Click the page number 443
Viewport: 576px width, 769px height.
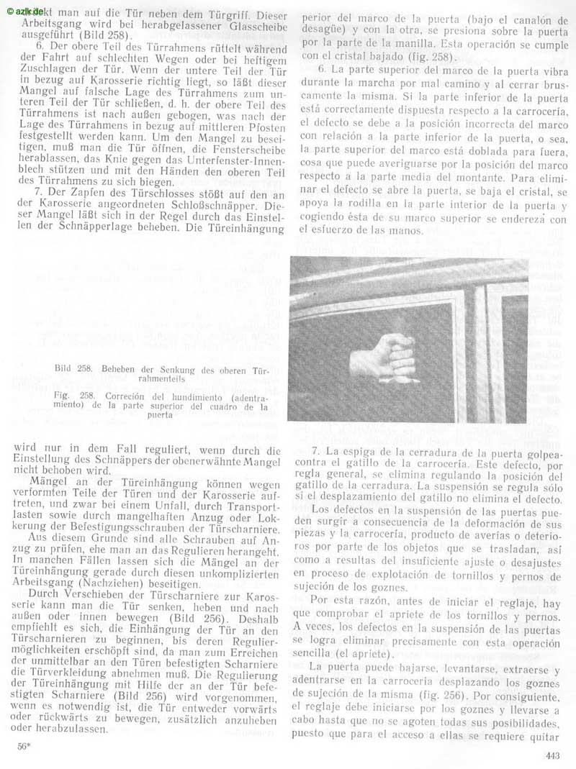[x=552, y=755]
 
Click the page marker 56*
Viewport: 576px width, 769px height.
[x=22, y=746]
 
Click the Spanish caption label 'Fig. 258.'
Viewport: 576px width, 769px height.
[x=71, y=396]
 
